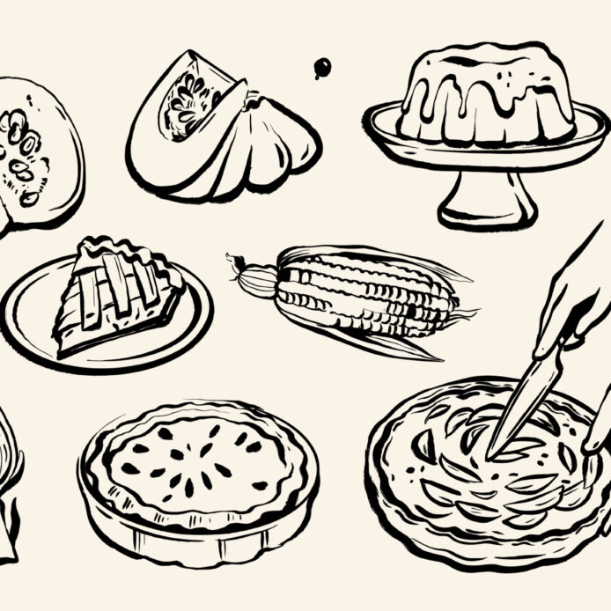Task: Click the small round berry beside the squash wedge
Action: click(x=323, y=66)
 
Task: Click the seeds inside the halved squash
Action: click(x=22, y=154)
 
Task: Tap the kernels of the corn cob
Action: click(x=361, y=291)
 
